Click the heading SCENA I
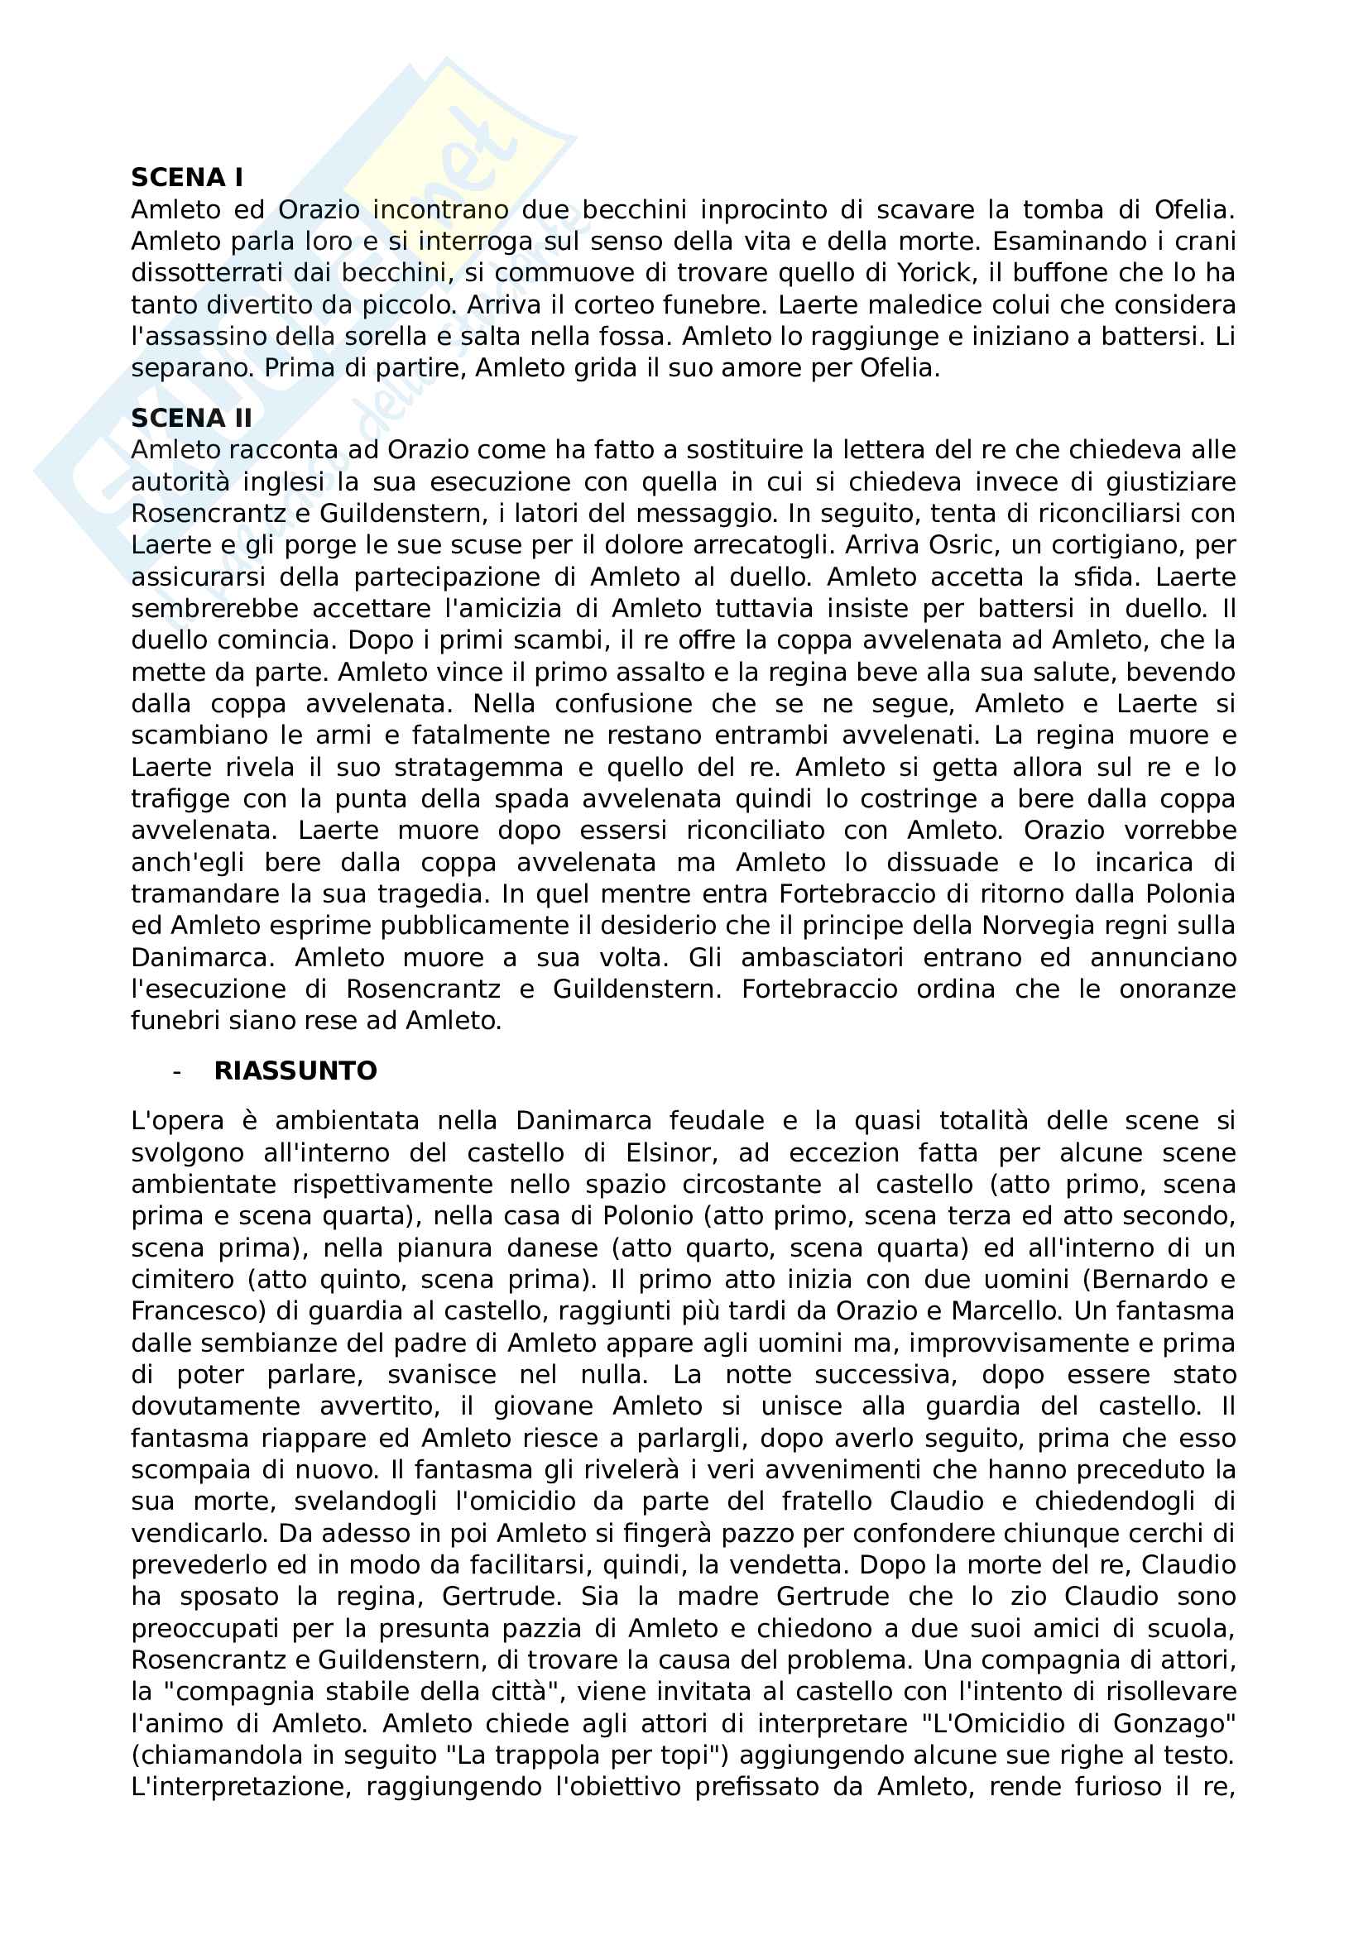(x=186, y=178)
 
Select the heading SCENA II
(x=191, y=419)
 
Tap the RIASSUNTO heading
(x=295, y=1070)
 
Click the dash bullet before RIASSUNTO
(x=176, y=1071)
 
